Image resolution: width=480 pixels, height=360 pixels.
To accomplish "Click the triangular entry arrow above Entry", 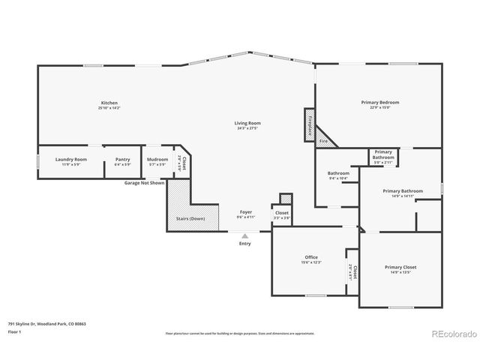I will pos(244,235).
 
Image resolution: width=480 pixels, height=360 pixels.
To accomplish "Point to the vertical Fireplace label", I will pos(308,123).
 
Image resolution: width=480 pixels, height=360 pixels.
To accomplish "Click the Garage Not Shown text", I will pos(145,182).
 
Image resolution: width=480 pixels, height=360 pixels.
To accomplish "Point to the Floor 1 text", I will pos(15,331).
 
